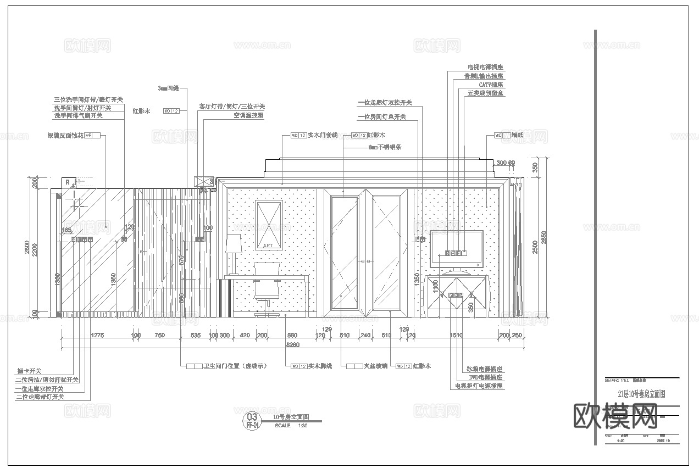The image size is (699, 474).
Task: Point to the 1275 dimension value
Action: pyautogui.click(x=97, y=335)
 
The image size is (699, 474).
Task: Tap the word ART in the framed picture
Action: pyautogui.click(x=268, y=245)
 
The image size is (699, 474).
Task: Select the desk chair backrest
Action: pyautogui.click(x=268, y=271)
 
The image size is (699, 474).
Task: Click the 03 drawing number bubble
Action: pyautogui.click(x=253, y=417)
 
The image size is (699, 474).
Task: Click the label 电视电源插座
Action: pyautogui.click(x=485, y=67)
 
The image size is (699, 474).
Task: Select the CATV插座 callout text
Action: pyautogui.click(x=491, y=85)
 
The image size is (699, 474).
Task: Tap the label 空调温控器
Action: pyautogui.click(x=248, y=116)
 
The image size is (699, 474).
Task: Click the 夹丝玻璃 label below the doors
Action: pyautogui.click(x=375, y=366)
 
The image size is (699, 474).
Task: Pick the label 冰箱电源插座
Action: pyautogui.click(x=485, y=369)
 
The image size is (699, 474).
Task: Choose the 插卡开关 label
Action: pyautogui.click(x=28, y=371)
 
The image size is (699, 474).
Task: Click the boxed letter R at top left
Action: pyautogui.click(x=67, y=182)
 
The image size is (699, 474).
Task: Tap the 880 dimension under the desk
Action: pyautogui.click(x=292, y=335)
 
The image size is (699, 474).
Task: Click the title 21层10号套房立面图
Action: pyautogui.click(x=641, y=394)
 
